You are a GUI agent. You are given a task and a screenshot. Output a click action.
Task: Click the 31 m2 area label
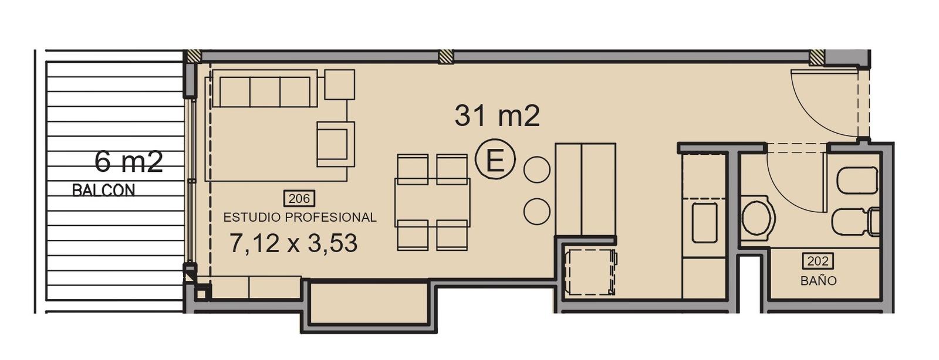(497, 116)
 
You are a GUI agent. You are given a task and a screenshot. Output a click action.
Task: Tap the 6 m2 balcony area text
(129, 162)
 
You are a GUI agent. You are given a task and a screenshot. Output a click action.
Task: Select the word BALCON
(103, 191)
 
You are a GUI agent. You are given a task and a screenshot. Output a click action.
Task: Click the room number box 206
(299, 198)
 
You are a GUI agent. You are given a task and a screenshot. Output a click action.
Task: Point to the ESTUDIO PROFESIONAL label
(300, 218)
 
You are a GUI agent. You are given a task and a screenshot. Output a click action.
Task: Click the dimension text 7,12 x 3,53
(294, 243)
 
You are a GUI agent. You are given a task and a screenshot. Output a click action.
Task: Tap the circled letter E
(495, 159)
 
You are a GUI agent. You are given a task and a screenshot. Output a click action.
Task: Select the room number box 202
(818, 261)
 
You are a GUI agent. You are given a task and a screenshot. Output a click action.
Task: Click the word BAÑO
(818, 280)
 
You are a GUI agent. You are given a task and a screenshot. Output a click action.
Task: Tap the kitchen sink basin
(704, 223)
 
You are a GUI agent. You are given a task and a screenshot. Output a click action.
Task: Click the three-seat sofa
(265, 89)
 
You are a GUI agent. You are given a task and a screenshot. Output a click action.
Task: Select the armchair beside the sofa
(336, 144)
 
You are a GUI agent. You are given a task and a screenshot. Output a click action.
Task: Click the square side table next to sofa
(340, 84)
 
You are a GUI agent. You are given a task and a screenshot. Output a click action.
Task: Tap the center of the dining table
(432, 203)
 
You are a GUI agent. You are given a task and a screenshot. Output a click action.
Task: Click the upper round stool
(536, 169)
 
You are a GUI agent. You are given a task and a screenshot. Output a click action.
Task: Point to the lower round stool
(536, 212)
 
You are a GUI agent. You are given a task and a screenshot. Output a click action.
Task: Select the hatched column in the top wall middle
(446, 57)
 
